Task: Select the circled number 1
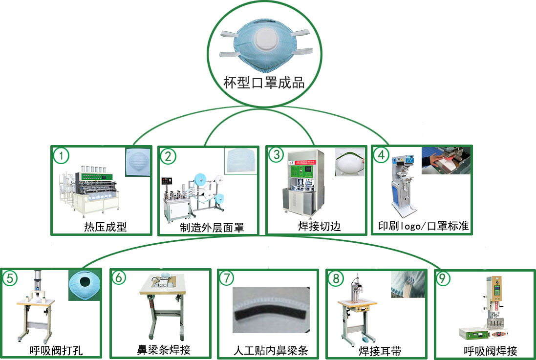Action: [x=61, y=156]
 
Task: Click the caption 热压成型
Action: [x=105, y=227]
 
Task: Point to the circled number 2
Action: [x=168, y=156]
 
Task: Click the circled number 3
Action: [x=277, y=155]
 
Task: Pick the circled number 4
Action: [x=382, y=155]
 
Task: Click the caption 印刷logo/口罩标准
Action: [x=423, y=227]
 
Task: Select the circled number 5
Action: [x=10, y=278]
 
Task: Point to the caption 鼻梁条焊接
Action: [x=164, y=350]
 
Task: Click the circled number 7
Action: [x=227, y=278]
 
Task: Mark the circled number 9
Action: [x=442, y=278]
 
